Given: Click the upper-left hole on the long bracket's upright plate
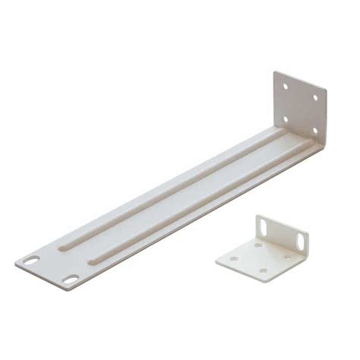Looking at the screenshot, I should [x=286, y=87].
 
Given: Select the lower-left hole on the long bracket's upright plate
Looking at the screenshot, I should [x=286, y=118].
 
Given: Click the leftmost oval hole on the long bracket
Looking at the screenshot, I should [x=31, y=260].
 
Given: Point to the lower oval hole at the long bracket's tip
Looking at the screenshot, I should [x=70, y=279].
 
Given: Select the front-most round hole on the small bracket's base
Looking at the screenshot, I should [x=262, y=270].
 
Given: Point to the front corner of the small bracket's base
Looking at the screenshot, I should [x=260, y=280].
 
